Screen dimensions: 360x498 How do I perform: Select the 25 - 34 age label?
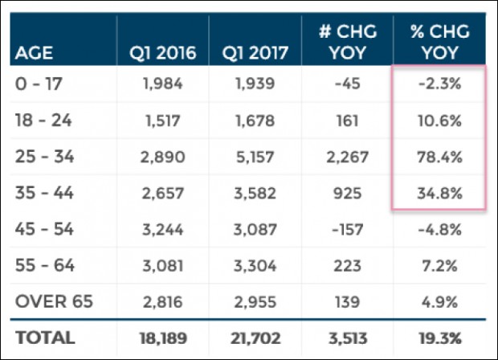point(44,156)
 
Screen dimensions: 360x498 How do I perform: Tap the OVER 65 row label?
point(54,301)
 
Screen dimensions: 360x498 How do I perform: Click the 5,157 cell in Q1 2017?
point(254,156)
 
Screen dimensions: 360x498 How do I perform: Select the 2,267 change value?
point(346,156)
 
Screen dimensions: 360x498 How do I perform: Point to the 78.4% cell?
point(439,156)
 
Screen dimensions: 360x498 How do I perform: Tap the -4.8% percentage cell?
point(439,228)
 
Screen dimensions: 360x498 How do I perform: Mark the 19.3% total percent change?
point(439,337)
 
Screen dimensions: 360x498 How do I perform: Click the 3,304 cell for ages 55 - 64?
point(254,264)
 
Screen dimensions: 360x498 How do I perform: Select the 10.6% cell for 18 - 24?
point(439,121)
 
